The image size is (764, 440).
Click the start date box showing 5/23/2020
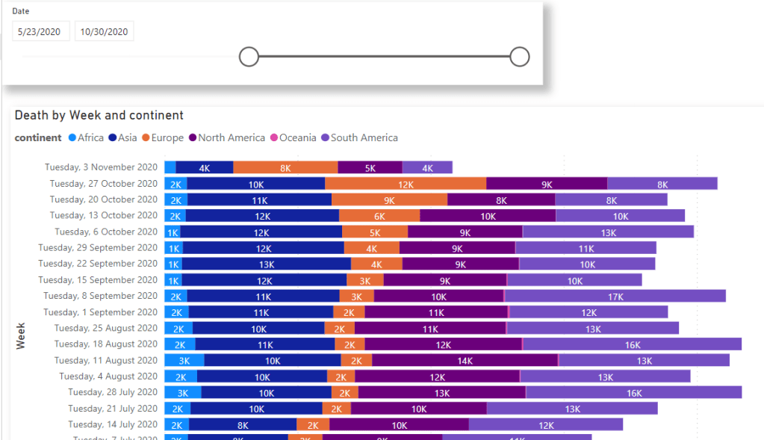point(41,31)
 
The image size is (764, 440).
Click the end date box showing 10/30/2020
point(105,31)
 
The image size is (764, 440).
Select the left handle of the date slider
point(249,56)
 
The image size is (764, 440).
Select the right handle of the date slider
point(520,56)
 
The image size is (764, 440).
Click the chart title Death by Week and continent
point(99,115)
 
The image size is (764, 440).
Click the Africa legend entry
point(86,137)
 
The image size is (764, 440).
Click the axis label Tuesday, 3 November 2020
point(101,167)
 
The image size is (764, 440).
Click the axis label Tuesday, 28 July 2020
point(113,392)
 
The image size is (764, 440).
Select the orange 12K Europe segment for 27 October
point(406,184)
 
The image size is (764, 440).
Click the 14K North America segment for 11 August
point(465,360)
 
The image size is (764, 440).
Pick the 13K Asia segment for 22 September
point(266,264)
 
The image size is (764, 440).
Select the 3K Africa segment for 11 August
point(184,360)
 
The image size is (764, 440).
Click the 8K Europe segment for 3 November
point(285,168)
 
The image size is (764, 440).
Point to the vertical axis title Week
point(22,335)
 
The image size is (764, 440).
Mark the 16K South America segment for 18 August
point(632,344)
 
